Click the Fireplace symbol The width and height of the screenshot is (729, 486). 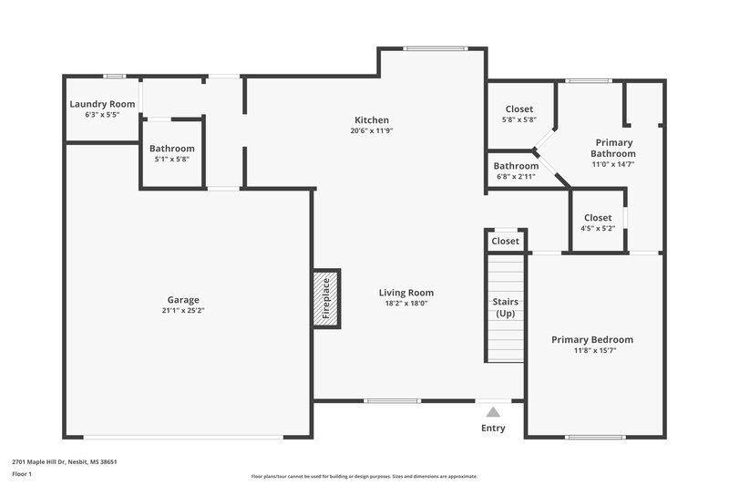click(x=325, y=297)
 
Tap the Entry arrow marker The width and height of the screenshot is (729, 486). click(x=493, y=412)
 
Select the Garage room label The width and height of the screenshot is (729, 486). click(x=182, y=300)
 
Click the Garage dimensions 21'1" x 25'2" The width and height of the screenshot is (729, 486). click(x=182, y=311)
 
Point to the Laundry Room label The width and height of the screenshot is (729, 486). click(x=102, y=104)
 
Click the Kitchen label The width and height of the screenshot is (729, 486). click(x=372, y=120)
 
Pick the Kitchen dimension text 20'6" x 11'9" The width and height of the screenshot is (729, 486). click(x=372, y=130)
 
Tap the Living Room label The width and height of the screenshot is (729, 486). click(x=406, y=293)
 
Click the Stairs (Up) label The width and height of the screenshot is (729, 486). click(x=505, y=306)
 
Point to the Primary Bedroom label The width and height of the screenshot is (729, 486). click(x=591, y=340)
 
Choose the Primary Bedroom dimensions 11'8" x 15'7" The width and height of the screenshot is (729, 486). click(x=591, y=351)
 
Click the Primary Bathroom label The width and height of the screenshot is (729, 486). click(x=614, y=148)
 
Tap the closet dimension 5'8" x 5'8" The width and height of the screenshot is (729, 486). click(x=519, y=119)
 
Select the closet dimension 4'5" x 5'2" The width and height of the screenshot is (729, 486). click(x=598, y=229)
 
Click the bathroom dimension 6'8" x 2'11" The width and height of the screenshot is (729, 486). click(x=516, y=177)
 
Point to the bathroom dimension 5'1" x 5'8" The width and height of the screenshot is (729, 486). click(x=172, y=160)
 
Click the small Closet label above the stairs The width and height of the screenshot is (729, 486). click(x=505, y=242)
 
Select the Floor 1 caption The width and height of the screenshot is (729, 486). click(x=23, y=475)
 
